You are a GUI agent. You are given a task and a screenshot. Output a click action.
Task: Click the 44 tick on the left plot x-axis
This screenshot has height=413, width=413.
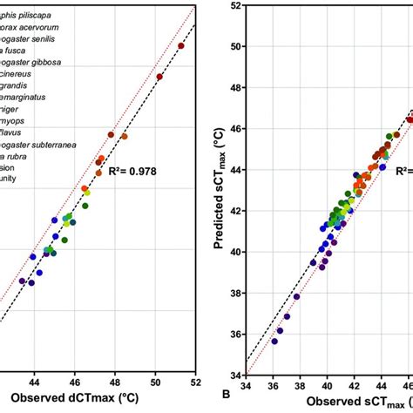[x=34, y=379]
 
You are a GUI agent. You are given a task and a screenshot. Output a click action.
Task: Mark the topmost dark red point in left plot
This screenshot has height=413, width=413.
[x=181, y=46]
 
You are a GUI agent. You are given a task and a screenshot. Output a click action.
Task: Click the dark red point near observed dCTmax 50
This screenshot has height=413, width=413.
[x=159, y=77]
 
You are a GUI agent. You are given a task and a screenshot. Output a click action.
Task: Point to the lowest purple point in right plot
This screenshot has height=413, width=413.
[x=274, y=342]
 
